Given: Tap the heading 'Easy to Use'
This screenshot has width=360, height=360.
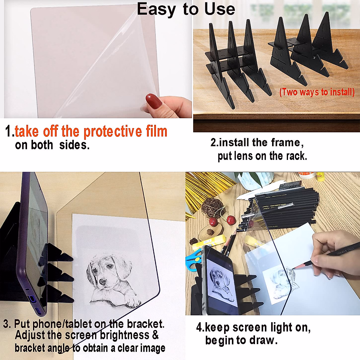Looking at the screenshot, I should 186,9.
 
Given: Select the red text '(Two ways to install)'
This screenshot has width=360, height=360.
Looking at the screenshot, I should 317,92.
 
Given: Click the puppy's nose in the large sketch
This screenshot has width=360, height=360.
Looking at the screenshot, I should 103,282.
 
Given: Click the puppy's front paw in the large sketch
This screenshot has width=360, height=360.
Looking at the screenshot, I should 131,301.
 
